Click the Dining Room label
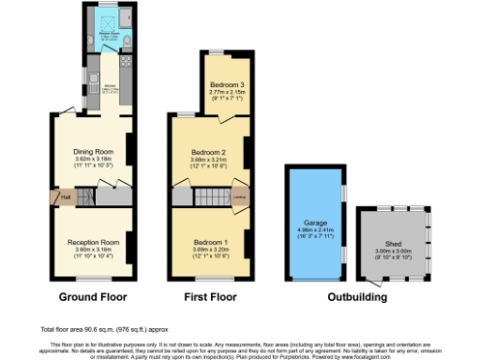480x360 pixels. (x=94, y=151)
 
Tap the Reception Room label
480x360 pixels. (x=94, y=240)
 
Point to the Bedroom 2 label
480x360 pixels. (x=210, y=151)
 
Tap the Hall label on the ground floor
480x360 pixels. (x=66, y=198)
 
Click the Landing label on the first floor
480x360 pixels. (x=240, y=198)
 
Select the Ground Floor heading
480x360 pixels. (x=94, y=297)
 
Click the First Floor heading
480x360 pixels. (x=210, y=297)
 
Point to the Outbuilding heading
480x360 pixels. (x=357, y=297)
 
